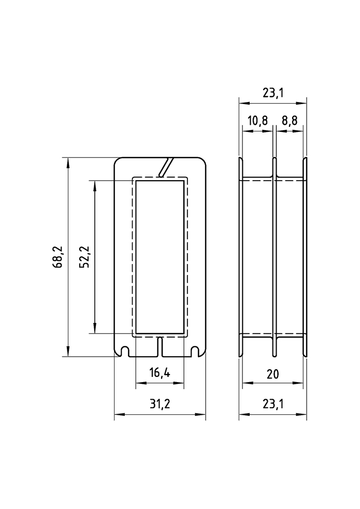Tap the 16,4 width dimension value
click(x=160, y=373)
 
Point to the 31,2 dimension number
click(x=160, y=404)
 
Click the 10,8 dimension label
click(x=257, y=121)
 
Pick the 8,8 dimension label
click(x=290, y=121)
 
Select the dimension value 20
click(x=273, y=373)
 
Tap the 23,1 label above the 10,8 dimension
click(x=272, y=93)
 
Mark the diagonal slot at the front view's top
click(x=165, y=167)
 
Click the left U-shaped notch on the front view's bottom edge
click(x=124, y=351)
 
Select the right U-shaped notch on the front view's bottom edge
click(x=195, y=351)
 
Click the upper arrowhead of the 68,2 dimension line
click(x=68, y=161)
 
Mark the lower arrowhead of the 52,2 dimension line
click(x=95, y=329)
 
